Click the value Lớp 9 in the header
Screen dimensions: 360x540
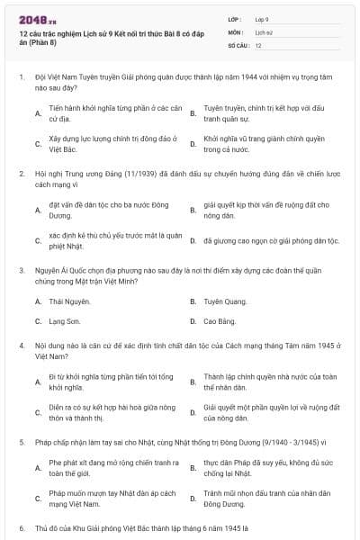(x=262, y=18)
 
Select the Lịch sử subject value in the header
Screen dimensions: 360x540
(x=263, y=31)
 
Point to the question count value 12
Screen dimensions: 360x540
(x=258, y=44)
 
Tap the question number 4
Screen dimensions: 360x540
(x=21, y=345)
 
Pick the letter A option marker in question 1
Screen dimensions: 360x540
(x=38, y=113)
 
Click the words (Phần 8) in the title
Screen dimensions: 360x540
(x=43, y=42)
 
